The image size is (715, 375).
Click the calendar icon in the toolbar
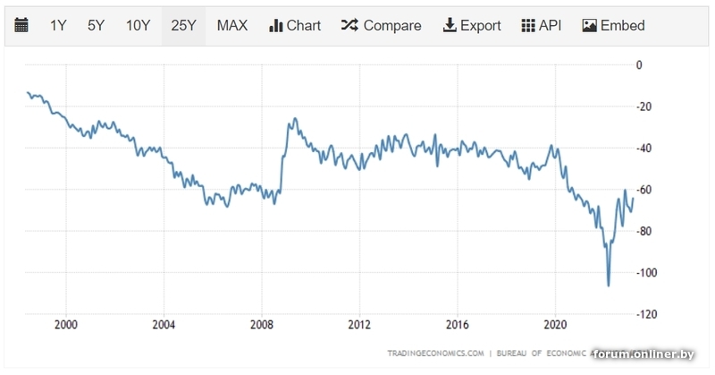coord(21,25)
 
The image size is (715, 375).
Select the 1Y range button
coord(58,25)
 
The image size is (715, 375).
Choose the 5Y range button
coord(96,25)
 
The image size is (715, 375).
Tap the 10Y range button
coord(138,25)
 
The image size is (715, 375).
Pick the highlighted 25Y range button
coord(183,25)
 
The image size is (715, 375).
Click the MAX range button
coord(232,25)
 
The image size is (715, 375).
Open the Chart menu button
coord(295,25)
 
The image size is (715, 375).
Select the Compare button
coord(381,25)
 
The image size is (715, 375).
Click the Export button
coord(472,25)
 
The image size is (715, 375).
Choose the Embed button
coord(613,25)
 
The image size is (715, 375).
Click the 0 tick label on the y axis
coord(638,64)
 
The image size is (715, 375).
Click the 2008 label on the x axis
coord(261,324)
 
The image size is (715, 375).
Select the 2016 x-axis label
coord(457,324)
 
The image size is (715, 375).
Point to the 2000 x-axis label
coord(65,324)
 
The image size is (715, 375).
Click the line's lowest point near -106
coord(609,286)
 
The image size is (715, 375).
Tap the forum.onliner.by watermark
coord(643,354)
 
